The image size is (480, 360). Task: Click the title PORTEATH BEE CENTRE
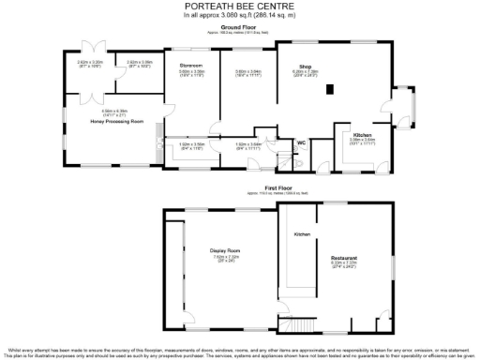point(240,7)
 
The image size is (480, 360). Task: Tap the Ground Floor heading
point(240,28)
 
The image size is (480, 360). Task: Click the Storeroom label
point(191,66)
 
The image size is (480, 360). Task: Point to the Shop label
point(305,67)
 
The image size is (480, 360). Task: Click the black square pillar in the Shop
point(330,90)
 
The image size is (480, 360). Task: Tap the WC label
point(301,142)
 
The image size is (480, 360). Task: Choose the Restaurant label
point(345,257)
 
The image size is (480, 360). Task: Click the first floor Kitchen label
point(302,233)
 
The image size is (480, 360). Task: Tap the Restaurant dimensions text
point(345,264)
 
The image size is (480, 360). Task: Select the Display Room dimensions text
point(225,259)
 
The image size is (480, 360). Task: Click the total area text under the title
point(240,16)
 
